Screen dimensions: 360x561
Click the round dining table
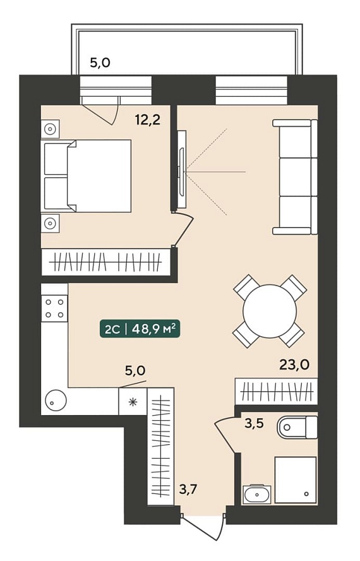[x=270, y=311]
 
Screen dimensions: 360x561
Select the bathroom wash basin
[x=257, y=495]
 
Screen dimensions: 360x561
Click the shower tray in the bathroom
[x=296, y=480]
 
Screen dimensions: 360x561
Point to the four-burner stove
[x=54, y=308]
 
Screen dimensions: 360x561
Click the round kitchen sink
[x=55, y=400]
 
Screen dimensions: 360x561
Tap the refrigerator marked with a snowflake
[x=133, y=402]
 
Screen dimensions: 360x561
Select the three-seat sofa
[x=295, y=177]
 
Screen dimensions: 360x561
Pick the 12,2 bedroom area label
[x=147, y=120]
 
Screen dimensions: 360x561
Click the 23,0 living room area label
[x=294, y=365]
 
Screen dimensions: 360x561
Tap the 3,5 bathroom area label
[x=254, y=423]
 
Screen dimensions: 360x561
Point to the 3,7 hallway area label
[x=188, y=489]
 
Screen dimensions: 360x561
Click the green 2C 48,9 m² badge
[x=139, y=329]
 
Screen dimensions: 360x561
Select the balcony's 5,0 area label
[x=100, y=63]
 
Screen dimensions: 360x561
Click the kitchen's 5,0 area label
[x=135, y=371]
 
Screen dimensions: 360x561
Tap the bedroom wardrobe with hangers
[x=106, y=263]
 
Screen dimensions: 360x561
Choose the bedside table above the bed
[x=51, y=129]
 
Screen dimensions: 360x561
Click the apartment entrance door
[x=203, y=527]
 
